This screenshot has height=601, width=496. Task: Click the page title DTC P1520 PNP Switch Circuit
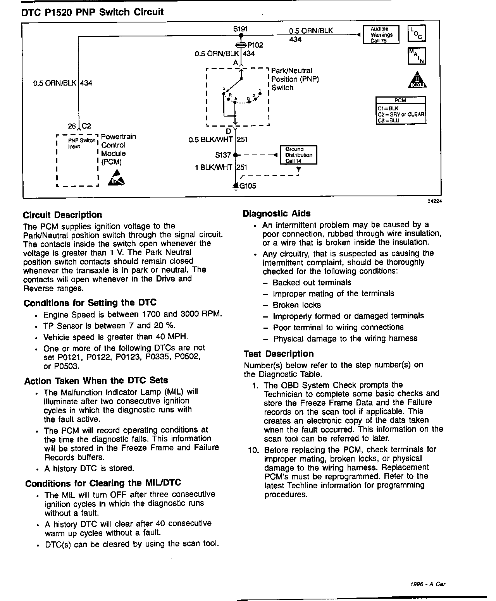click(x=93, y=12)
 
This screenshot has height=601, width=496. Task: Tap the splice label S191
click(x=240, y=29)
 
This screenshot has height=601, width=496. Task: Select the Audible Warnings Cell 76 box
click(x=381, y=35)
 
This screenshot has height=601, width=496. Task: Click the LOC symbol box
click(x=417, y=33)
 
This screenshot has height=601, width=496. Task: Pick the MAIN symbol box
click(x=417, y=56)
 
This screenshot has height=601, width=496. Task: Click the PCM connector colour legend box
click(x=401, y=111)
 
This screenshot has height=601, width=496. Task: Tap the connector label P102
click(x=255, y=45)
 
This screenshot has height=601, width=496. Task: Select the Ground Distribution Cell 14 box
click(x=298, y=155)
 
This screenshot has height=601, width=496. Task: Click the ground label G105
click(x=248, y=186)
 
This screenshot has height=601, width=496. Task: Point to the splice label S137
click(x=223, y=155)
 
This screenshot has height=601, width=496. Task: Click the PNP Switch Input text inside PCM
click(x=81, y=143)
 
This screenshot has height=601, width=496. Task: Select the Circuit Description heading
click(x=62, y=215)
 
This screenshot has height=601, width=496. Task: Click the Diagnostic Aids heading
click(x=276, y=213)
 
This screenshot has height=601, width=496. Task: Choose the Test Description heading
click(x=279, y=354)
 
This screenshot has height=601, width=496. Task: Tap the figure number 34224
click(x=434, y=201)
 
